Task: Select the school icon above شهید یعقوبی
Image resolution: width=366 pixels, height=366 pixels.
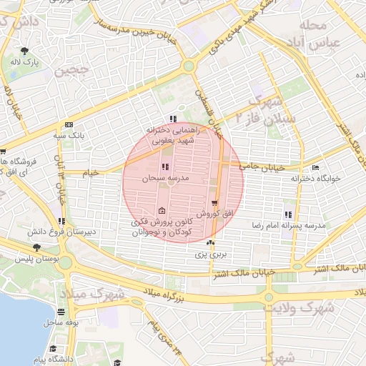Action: [x=172, y=119]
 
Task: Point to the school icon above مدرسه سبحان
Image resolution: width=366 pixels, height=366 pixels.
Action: [x=166, y=167]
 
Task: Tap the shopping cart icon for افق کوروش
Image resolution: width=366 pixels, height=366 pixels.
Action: [x=214, y=204]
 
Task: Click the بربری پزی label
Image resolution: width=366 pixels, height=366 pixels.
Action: [x=211, y=254]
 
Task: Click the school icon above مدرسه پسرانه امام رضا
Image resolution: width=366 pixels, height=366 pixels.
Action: [x=288, y=214]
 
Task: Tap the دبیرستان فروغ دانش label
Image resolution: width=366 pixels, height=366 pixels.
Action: [x=56, y=232]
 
